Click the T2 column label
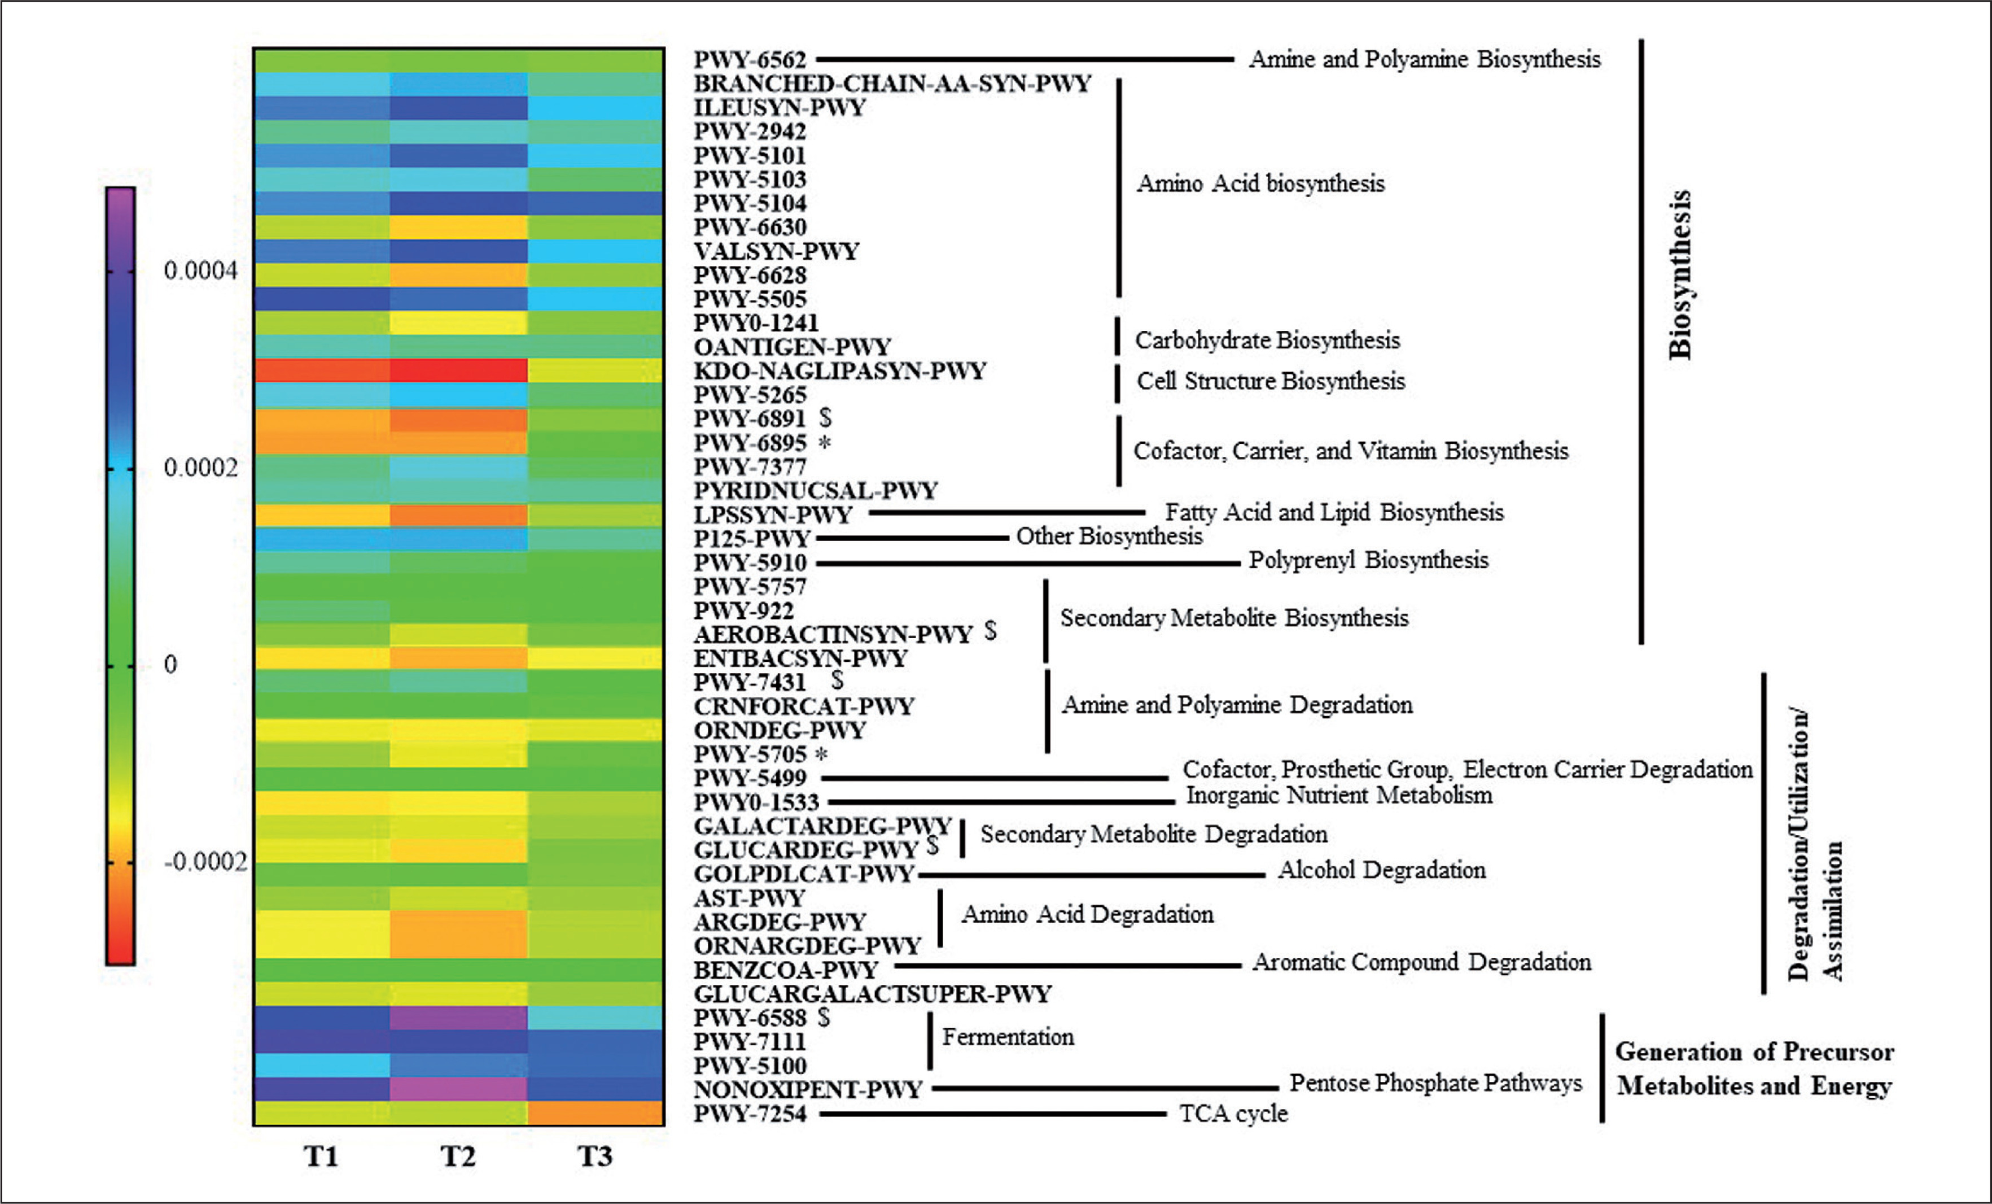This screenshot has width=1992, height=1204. click(x=458, y=1157)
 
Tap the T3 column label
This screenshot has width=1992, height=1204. click(x=595, y=1157)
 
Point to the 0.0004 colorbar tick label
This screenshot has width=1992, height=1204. click(x=200, y=271)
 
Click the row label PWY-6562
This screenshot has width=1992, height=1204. click(x=750, y=60)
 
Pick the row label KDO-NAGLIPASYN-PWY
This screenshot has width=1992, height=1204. click(x=839, y=371)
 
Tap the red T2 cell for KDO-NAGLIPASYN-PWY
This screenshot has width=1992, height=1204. click(x=458, y=370)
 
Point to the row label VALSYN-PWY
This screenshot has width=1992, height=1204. click(x=776, y=251)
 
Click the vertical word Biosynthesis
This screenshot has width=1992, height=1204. click(x=1680, y=275)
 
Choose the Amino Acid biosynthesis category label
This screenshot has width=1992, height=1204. click(x=1260, y=184)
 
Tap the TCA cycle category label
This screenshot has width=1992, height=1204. click(x=1233, y=1114)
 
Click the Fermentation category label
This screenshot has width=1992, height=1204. click(x=1008, y=1037)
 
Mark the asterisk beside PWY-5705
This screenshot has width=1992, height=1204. click(x=821, y=754)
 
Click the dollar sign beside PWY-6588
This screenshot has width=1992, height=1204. click(x=824, y=1017)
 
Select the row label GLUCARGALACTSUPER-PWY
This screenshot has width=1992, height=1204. click(x=872, y=994)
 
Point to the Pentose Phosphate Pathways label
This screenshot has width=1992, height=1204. click(x=1435, y=1083)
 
